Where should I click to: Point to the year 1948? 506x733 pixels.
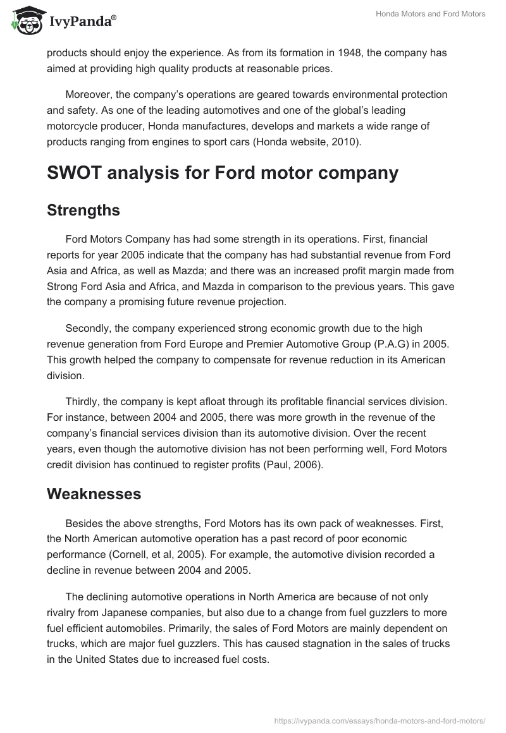[x=340, y=53]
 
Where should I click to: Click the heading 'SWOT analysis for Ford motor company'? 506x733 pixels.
[x=223, y=173]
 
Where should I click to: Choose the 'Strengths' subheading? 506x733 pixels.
[x=83, y=210]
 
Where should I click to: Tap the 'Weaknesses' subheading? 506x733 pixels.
[x=94, y=494]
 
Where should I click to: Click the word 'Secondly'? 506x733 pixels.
[x=87, y=329]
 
